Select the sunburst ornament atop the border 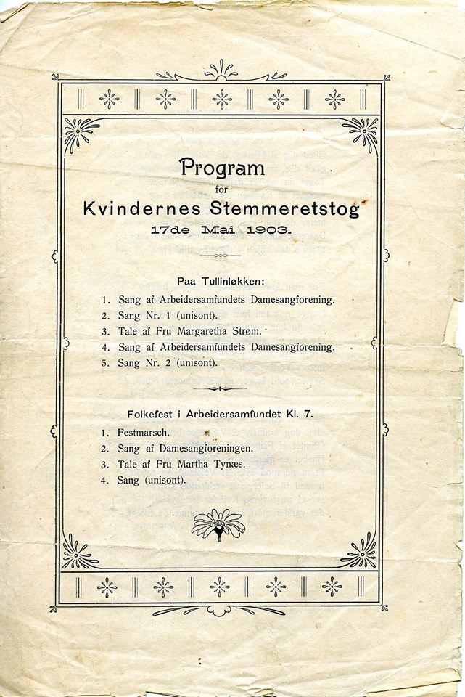coord(220,71)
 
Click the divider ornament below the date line coord(219,256)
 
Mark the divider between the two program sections coord(219,388)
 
